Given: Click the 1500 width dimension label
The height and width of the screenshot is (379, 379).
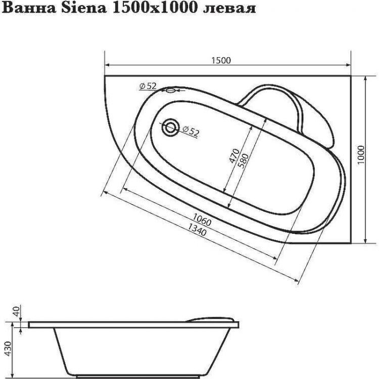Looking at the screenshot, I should click(x=221, y=60).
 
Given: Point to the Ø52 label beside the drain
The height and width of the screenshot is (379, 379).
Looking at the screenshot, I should click(x=191, y=132).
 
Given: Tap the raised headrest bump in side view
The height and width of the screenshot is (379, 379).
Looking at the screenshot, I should click(x=212, y=317).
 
